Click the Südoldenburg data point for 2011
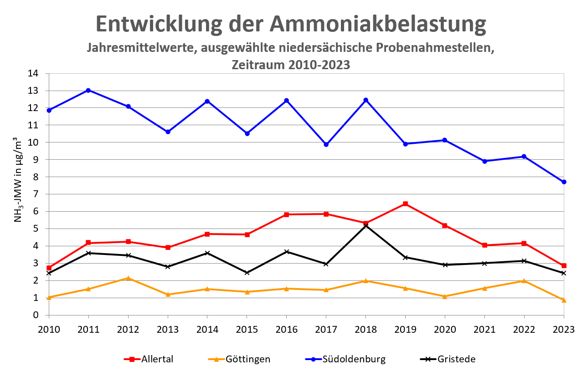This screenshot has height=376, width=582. point(88,90)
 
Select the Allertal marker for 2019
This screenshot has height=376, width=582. point(405,204)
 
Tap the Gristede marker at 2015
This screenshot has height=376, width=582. point(247,273)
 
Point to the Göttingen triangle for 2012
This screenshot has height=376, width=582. point(128,278)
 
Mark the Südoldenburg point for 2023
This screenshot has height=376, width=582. point(564,182)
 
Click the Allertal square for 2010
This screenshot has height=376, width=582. point(49,268)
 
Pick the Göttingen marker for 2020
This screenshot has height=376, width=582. point(445,296)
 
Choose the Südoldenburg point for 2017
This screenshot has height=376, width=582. point(326,144)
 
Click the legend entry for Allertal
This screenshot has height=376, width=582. point(149,359)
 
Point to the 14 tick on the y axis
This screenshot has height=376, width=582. point(39,73)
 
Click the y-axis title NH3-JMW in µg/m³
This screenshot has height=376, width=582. point(19,179)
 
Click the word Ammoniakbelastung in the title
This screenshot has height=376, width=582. point(378,24)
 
